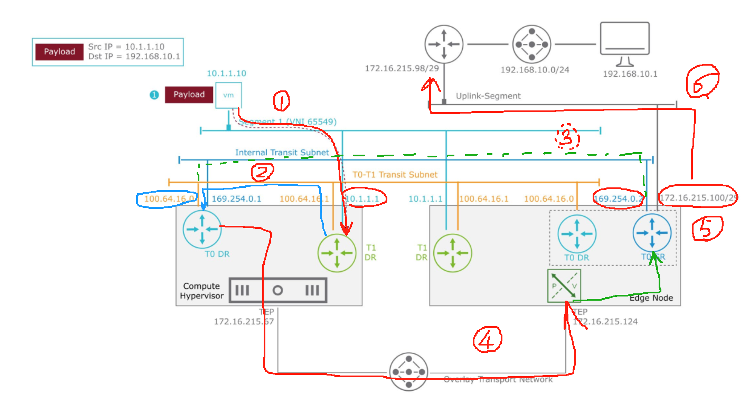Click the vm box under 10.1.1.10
coord(228,95)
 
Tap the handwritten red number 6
coord(701,81)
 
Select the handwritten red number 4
coord(487,340)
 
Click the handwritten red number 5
coord(707,228)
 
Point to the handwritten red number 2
coord(262,172)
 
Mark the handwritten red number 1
coord(282,101)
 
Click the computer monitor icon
coord(625,43)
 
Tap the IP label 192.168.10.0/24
coord(535,70)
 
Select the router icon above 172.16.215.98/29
coord(444,44)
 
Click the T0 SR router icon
coord(652,233)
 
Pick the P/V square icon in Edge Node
coord(564,286)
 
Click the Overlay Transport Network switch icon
coord(408,372)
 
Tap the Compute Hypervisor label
coord(201,291)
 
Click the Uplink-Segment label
coord(488,96)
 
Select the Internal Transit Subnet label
coord(282,153)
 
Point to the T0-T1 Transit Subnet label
coord(395,175)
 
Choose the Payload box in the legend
coord(59,52)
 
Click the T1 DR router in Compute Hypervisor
coord(337,253)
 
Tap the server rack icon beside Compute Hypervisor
coord(278,291)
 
